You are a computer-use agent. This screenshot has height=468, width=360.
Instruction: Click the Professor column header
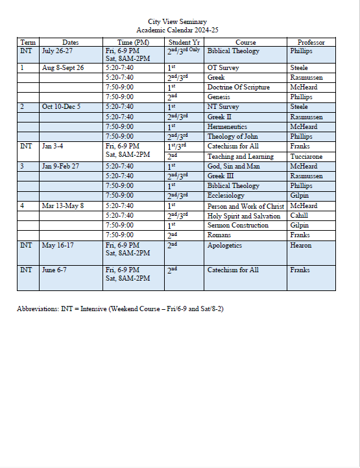[x=311, y=42]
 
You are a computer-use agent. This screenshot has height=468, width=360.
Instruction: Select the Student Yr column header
[x=184, y=42]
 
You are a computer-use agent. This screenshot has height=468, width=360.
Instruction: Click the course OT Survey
[x=221, y=67]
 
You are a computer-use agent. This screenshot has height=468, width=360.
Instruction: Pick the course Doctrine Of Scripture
[x=238, y=87]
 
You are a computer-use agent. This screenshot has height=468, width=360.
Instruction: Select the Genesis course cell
[x=219, y=97]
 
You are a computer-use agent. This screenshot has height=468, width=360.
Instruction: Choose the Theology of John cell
[x=234, y=137]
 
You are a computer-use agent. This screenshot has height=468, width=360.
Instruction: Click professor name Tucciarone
[x=307, y=156]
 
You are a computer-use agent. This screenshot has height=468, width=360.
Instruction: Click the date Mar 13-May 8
[x=63, y=205]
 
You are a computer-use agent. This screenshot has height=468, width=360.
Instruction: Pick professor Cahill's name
[x=300, y=216]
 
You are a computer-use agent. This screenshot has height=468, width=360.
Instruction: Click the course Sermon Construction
[x=237, y=225]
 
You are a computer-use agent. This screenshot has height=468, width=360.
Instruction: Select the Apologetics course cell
[x=224, y=246]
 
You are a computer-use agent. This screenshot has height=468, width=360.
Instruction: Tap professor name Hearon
[x=301, y=246]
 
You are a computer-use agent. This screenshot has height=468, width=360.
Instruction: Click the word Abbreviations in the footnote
[x=38, y=309]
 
